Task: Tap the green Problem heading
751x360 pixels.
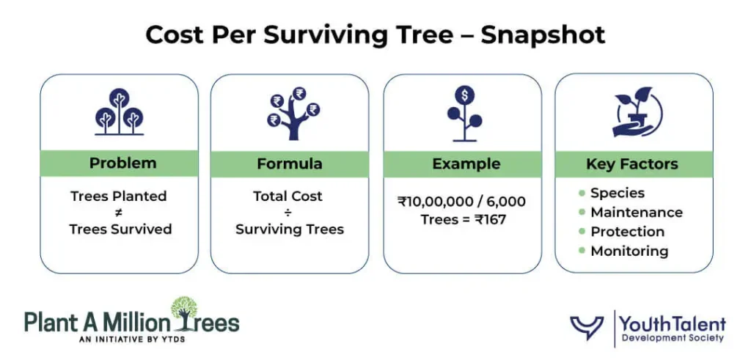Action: coord(122,164)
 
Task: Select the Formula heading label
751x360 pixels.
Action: coord(289,164)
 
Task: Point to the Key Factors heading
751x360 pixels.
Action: coord(631,164)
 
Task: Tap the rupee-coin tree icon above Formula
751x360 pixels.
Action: coord(291,114)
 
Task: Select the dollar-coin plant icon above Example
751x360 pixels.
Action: coord(464,114)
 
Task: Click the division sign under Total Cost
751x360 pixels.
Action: coord(288,213)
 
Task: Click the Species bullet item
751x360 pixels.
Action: coord(617,194)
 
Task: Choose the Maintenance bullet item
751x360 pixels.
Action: coord(636,213)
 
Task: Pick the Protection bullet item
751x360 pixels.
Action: coord(627,232)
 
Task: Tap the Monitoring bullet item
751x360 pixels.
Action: coord(629,251)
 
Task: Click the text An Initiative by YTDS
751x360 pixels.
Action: coord(131,339)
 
